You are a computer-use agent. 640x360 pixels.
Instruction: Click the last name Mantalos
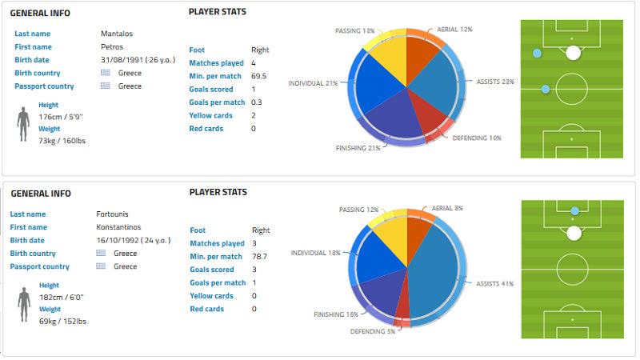pos(117,34)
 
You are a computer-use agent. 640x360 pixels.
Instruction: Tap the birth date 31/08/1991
pos(123,60)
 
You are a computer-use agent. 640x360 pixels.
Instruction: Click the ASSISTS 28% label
pos(494,82)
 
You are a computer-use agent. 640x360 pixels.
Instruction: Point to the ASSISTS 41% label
pos(494,283)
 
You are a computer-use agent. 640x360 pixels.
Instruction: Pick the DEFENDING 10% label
pos(477,138)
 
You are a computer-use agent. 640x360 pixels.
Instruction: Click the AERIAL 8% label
pos(447,208)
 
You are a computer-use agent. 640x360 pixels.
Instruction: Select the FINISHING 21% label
pos(356,148)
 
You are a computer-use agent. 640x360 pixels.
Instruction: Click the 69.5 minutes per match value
pos(259,76)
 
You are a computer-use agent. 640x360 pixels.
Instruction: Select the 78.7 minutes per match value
pos(259,256)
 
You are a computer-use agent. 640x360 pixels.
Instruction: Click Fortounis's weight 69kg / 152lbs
pos(62,322)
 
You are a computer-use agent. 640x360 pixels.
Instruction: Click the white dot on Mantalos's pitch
pos(573,54)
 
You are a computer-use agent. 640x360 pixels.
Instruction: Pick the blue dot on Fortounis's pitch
pos(574,211)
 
